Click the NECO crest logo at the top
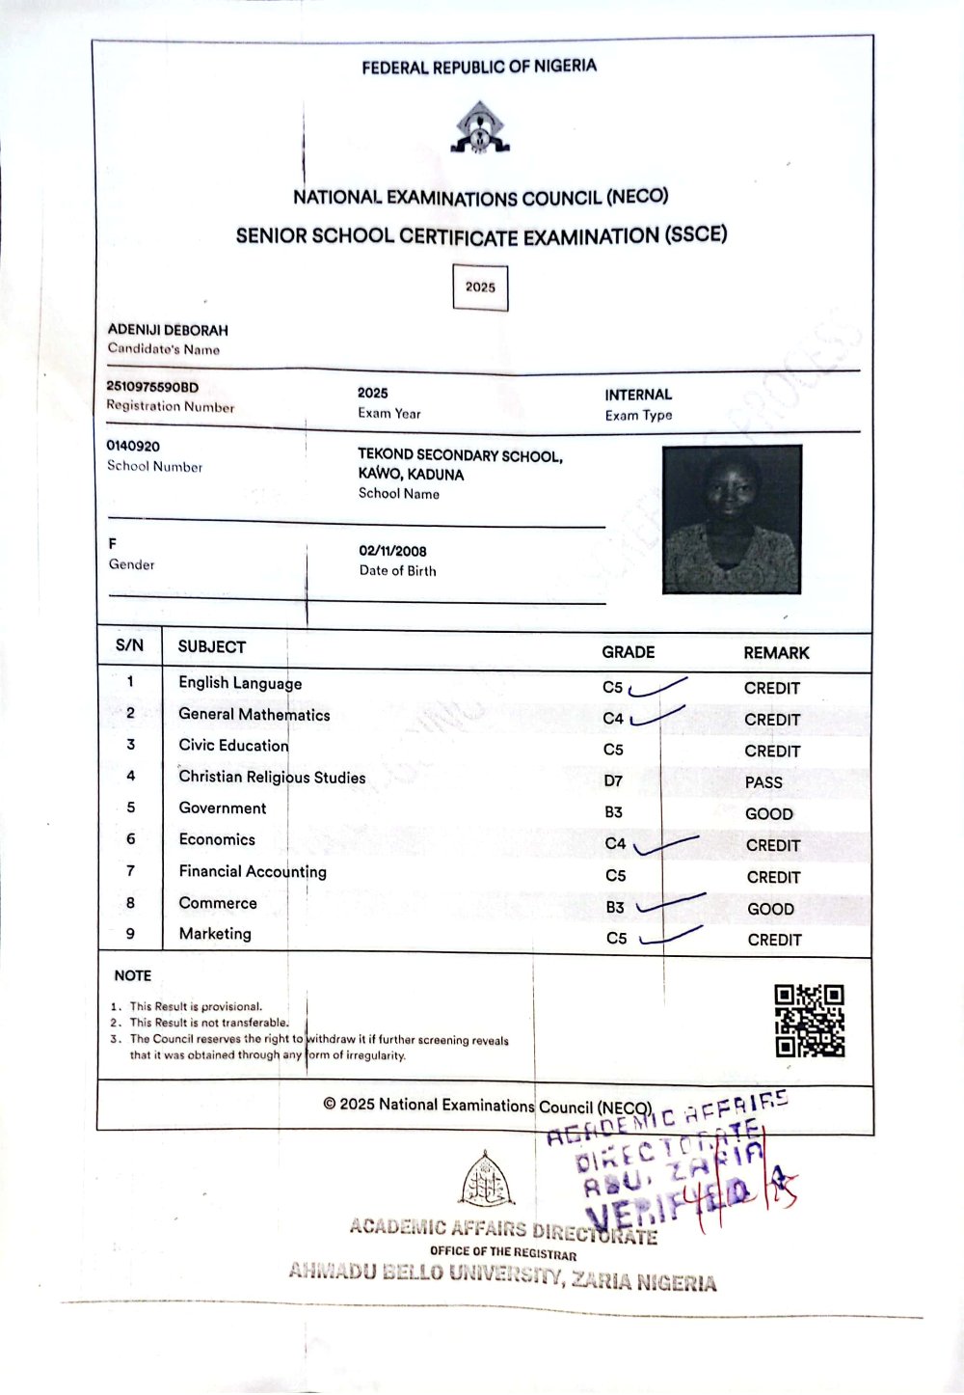point(479,128)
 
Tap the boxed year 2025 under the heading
point(480,287)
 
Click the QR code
point(810,1021)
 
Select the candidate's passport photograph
point(732,519)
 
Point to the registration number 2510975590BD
point(152,387)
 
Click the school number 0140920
point(133,446)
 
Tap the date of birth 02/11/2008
point(392,551)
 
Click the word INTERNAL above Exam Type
point(638,395)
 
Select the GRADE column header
point(628,652)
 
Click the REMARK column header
point(776,653)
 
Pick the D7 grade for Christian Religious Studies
point(613,780)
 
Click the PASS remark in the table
point(763,782)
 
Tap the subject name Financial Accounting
point(253,871)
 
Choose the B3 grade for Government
point(614,812)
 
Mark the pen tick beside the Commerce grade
point(670,905)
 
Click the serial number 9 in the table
point(130,934)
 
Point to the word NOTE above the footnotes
point(133,975)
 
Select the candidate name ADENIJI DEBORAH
point(168,330)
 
